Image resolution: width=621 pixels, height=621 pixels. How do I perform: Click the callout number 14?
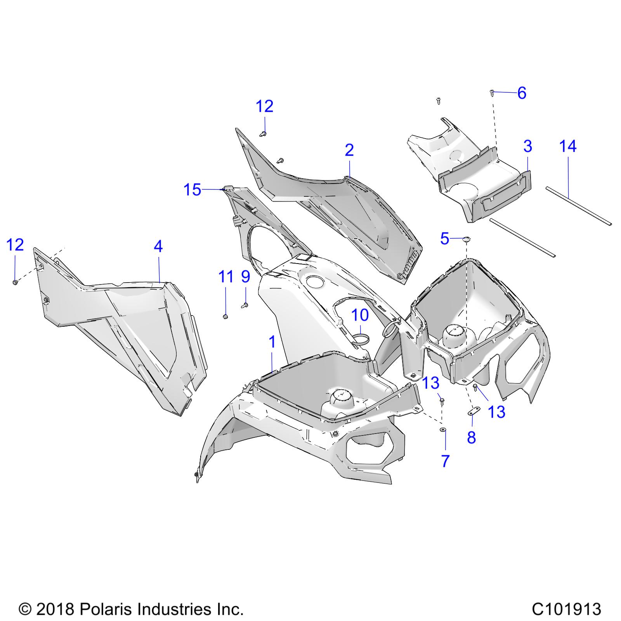pyautogui.click(x=568, y=146)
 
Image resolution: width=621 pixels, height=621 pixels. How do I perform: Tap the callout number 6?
pyautogui.click(x=522, y=93)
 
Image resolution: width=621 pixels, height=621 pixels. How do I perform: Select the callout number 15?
pyautogui.click(x=193, y=190)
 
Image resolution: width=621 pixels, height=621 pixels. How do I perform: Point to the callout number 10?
pyautogui.click(x=360, y=315)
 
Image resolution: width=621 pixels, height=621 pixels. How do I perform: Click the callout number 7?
pyautogui.click(x=445, y=461)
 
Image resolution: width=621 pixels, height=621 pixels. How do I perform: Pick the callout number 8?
pyautogui.click(x=471, y=437)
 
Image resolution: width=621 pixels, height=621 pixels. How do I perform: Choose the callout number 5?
pyautogui.click(x=445, y=239)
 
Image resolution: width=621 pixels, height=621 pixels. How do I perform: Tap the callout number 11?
pyautogui.click(x=226, y=277)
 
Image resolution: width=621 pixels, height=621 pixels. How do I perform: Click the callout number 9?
pyautogui.click(x=246, y=277)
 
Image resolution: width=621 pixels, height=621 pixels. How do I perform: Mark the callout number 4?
pyautogui.click(x=158, y=246)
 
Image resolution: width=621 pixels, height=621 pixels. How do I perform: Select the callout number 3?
pyautogui.click(x=527, y=146)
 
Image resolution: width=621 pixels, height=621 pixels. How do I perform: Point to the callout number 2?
pyautogui.click(x=349, y=150)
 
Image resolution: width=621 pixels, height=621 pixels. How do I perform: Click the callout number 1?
pyautogui.click(x=272, y=342)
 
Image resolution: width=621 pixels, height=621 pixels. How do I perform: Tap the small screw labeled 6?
pyautogui.click(x=492, y=93)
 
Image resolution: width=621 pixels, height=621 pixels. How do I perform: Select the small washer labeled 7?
pyautogui.click(x=442, y=429)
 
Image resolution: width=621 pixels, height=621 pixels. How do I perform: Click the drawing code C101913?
pyautogui.click(x=566, y=609)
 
